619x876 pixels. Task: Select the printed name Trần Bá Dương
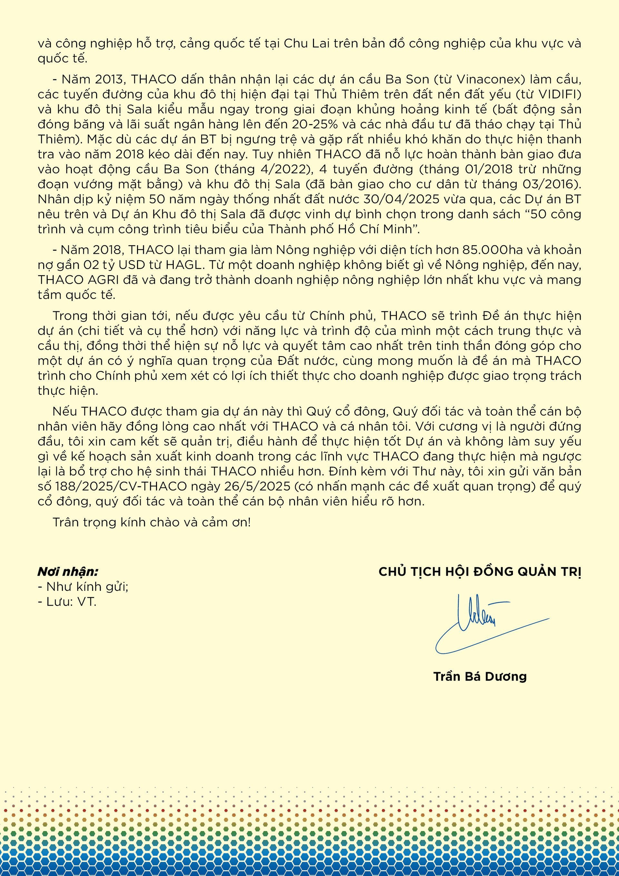(x=480, y=676)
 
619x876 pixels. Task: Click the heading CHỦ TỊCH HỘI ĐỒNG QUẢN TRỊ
(x=480, y=572)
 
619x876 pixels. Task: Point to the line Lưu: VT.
(x=67, y=602)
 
